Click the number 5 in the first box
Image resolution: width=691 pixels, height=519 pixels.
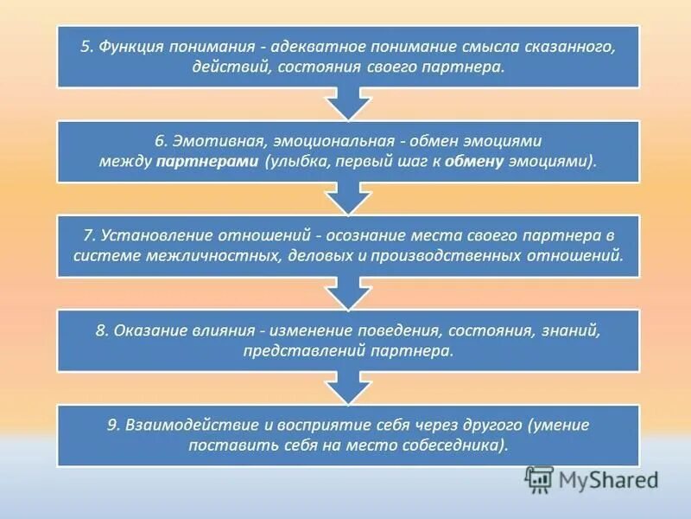pyautogui.click(x=86, y=48)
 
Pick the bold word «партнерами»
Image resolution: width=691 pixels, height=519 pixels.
pyautogui.click(x=209, y=161)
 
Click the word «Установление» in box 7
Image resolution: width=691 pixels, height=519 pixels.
pyautogui.click(x=148, y=236)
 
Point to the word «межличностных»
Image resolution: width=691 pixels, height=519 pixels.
pyautogui.click(x=195, y=256)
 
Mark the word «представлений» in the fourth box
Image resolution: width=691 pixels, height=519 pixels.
pyautogui.click(x=294, y=351)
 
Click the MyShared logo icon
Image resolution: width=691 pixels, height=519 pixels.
pyautogui.click(x=538, y=478)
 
